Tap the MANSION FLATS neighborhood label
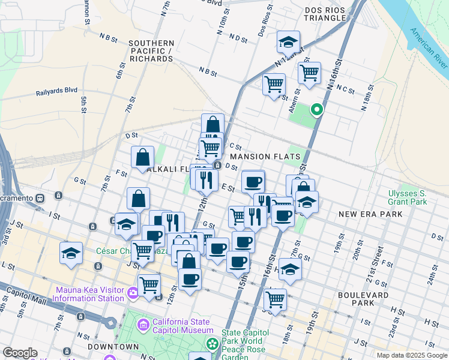click(x=265, y=156)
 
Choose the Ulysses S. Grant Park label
click(x=407, y=197)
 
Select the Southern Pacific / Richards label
click(x=151, y=51)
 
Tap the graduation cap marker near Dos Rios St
click(x=289, y=42)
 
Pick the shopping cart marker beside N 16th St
click(x=309, y=73)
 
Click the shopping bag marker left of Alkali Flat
click(x=143, y=157)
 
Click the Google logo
click(x=20, y=353)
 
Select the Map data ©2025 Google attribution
click(x=411, y=355)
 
